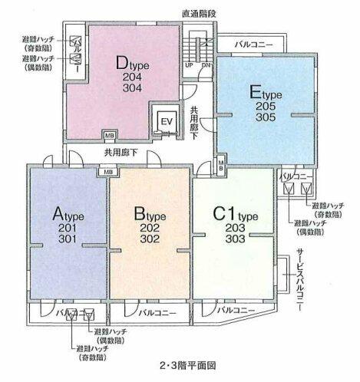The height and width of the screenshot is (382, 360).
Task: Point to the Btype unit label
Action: click(150, 212)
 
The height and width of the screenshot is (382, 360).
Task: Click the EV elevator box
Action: click(167, 121)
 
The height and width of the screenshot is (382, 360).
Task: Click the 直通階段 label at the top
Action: click(198, 13)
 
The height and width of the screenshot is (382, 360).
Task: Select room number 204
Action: click(131, 77)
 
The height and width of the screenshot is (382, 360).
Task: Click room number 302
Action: click(150, 239)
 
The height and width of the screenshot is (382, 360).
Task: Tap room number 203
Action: click(234, 226)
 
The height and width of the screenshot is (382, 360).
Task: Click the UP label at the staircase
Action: click(189, 64)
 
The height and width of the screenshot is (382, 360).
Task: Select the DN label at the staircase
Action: click(205, 64)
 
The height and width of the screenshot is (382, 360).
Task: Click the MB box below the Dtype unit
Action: click(109, 138)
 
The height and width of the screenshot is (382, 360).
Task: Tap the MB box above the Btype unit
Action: click(102, 171)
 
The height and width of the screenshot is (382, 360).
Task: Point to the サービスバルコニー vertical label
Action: click(299, 282)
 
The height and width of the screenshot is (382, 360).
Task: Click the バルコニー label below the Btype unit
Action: click(157, 314)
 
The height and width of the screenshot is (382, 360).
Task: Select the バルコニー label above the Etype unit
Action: click(253, 45)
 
